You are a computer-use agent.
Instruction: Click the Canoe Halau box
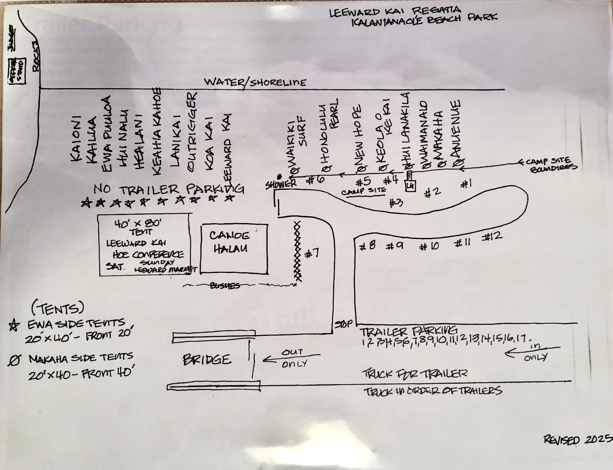pyautogui.click(x=234, y=248)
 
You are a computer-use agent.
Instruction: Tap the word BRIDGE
pyautogui.click(x=207, y=360)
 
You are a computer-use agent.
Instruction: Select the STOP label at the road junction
pyautogui.click(x=343, y=324)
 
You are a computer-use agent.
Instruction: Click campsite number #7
pyautogui.click(x=312, y=253)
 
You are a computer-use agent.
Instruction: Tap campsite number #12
pyautogui.click(x=491, y=236)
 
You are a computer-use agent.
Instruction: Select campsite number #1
pyautogui.click(x=466, y=184)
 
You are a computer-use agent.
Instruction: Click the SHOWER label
pyautogui.click(x=281, y=184)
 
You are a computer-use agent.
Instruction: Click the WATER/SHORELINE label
pyautogui.click(x=255, y=82)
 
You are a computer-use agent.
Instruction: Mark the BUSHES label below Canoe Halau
pyautogui.click(x=225, y=286)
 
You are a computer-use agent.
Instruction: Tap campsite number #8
pyautogui.click(x=367, y=245)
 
